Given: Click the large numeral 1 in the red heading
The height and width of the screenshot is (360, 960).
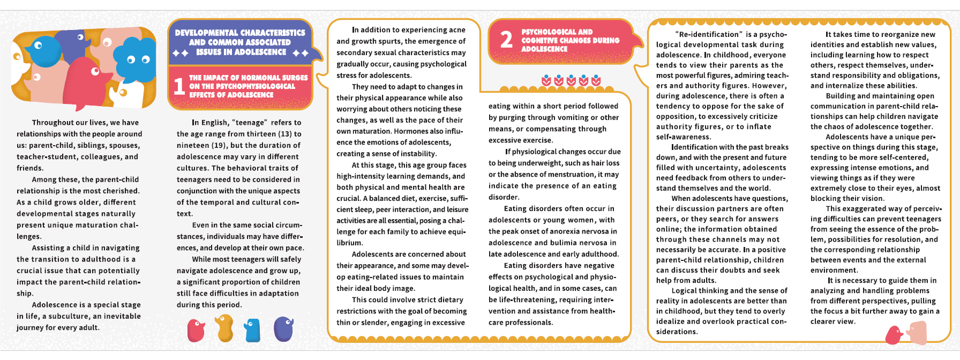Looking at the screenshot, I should click(179, 86).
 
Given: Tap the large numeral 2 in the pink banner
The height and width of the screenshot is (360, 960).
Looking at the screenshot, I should click(506, 40).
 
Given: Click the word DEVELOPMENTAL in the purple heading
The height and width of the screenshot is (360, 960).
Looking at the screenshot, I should click(208, 33).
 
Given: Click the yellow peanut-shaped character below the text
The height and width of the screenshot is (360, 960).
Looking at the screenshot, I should click(224, 328).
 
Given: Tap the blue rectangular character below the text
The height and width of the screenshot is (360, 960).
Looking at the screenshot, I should click(252, 330).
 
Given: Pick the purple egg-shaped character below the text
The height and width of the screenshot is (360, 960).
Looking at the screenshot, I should click(283, 329).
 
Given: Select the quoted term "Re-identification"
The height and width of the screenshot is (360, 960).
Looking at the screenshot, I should click(709, 35).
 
